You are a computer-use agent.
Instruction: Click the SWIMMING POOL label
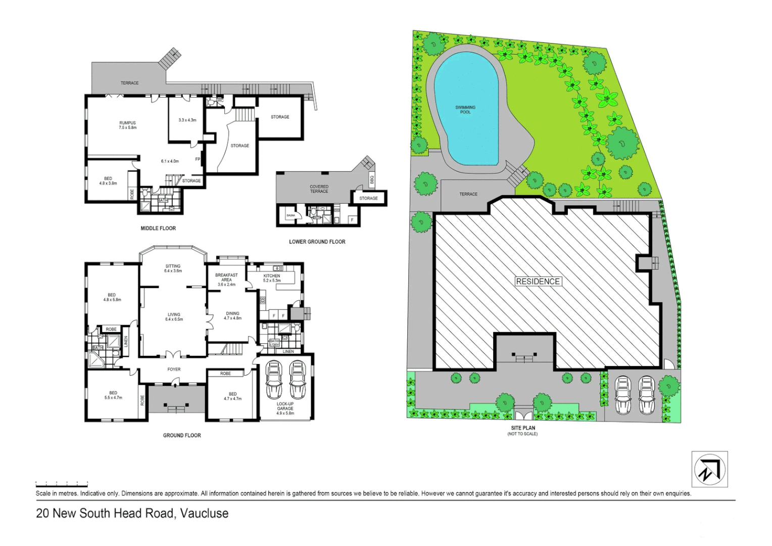tap(465, 110)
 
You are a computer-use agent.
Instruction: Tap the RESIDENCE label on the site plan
tap(538, 282)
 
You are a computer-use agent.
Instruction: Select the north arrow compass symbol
tap(709, 469)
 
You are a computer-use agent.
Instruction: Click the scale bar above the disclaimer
tap(62, 484)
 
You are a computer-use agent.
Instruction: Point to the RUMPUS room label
tap(127, 125)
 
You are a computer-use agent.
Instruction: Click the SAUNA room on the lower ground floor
tap(291, 216)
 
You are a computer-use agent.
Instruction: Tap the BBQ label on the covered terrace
tap(372, 179)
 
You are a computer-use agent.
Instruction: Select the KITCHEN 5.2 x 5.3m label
tap(272, 278)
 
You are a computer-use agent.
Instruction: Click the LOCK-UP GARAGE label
tap(285, 408)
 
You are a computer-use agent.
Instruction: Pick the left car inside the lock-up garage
tap(274, 380)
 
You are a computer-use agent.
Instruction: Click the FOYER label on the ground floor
tap(174, 370)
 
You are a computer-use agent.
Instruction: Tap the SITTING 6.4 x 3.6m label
tap(173, 268)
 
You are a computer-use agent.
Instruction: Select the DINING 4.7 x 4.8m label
tap(232, 315)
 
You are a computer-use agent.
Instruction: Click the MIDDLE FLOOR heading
tap(158, 229)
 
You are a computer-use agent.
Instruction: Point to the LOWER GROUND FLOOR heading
tap(317, 242)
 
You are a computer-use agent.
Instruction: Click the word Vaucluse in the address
tap(204, 513)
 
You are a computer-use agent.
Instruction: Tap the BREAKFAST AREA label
tap(226, 280)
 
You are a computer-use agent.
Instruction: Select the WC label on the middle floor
tap(220, 101)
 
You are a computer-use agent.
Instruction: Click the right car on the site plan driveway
tap(646, 394)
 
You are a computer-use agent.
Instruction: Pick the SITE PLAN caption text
tap(523, 428)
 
